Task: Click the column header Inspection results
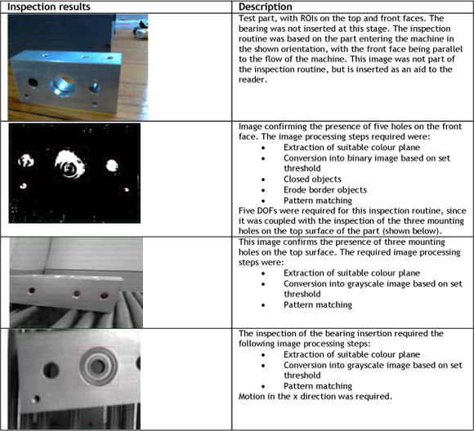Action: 49,7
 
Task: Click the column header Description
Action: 266,7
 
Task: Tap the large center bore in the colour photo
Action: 63,84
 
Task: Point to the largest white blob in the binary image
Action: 70,164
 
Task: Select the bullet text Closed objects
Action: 312,179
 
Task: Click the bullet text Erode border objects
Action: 325,189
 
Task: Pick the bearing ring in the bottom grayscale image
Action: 99,366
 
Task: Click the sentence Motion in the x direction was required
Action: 315,396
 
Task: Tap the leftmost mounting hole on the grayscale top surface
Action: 31,291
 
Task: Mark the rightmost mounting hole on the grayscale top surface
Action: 105,295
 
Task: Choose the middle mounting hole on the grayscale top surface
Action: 77,293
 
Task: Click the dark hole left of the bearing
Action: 51,371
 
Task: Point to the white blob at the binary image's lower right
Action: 126,189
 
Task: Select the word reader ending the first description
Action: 253,79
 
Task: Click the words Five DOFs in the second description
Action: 257,211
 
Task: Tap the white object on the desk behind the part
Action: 141,32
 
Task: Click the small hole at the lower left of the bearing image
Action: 37,398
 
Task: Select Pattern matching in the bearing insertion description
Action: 318,385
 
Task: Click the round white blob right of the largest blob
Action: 112,165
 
